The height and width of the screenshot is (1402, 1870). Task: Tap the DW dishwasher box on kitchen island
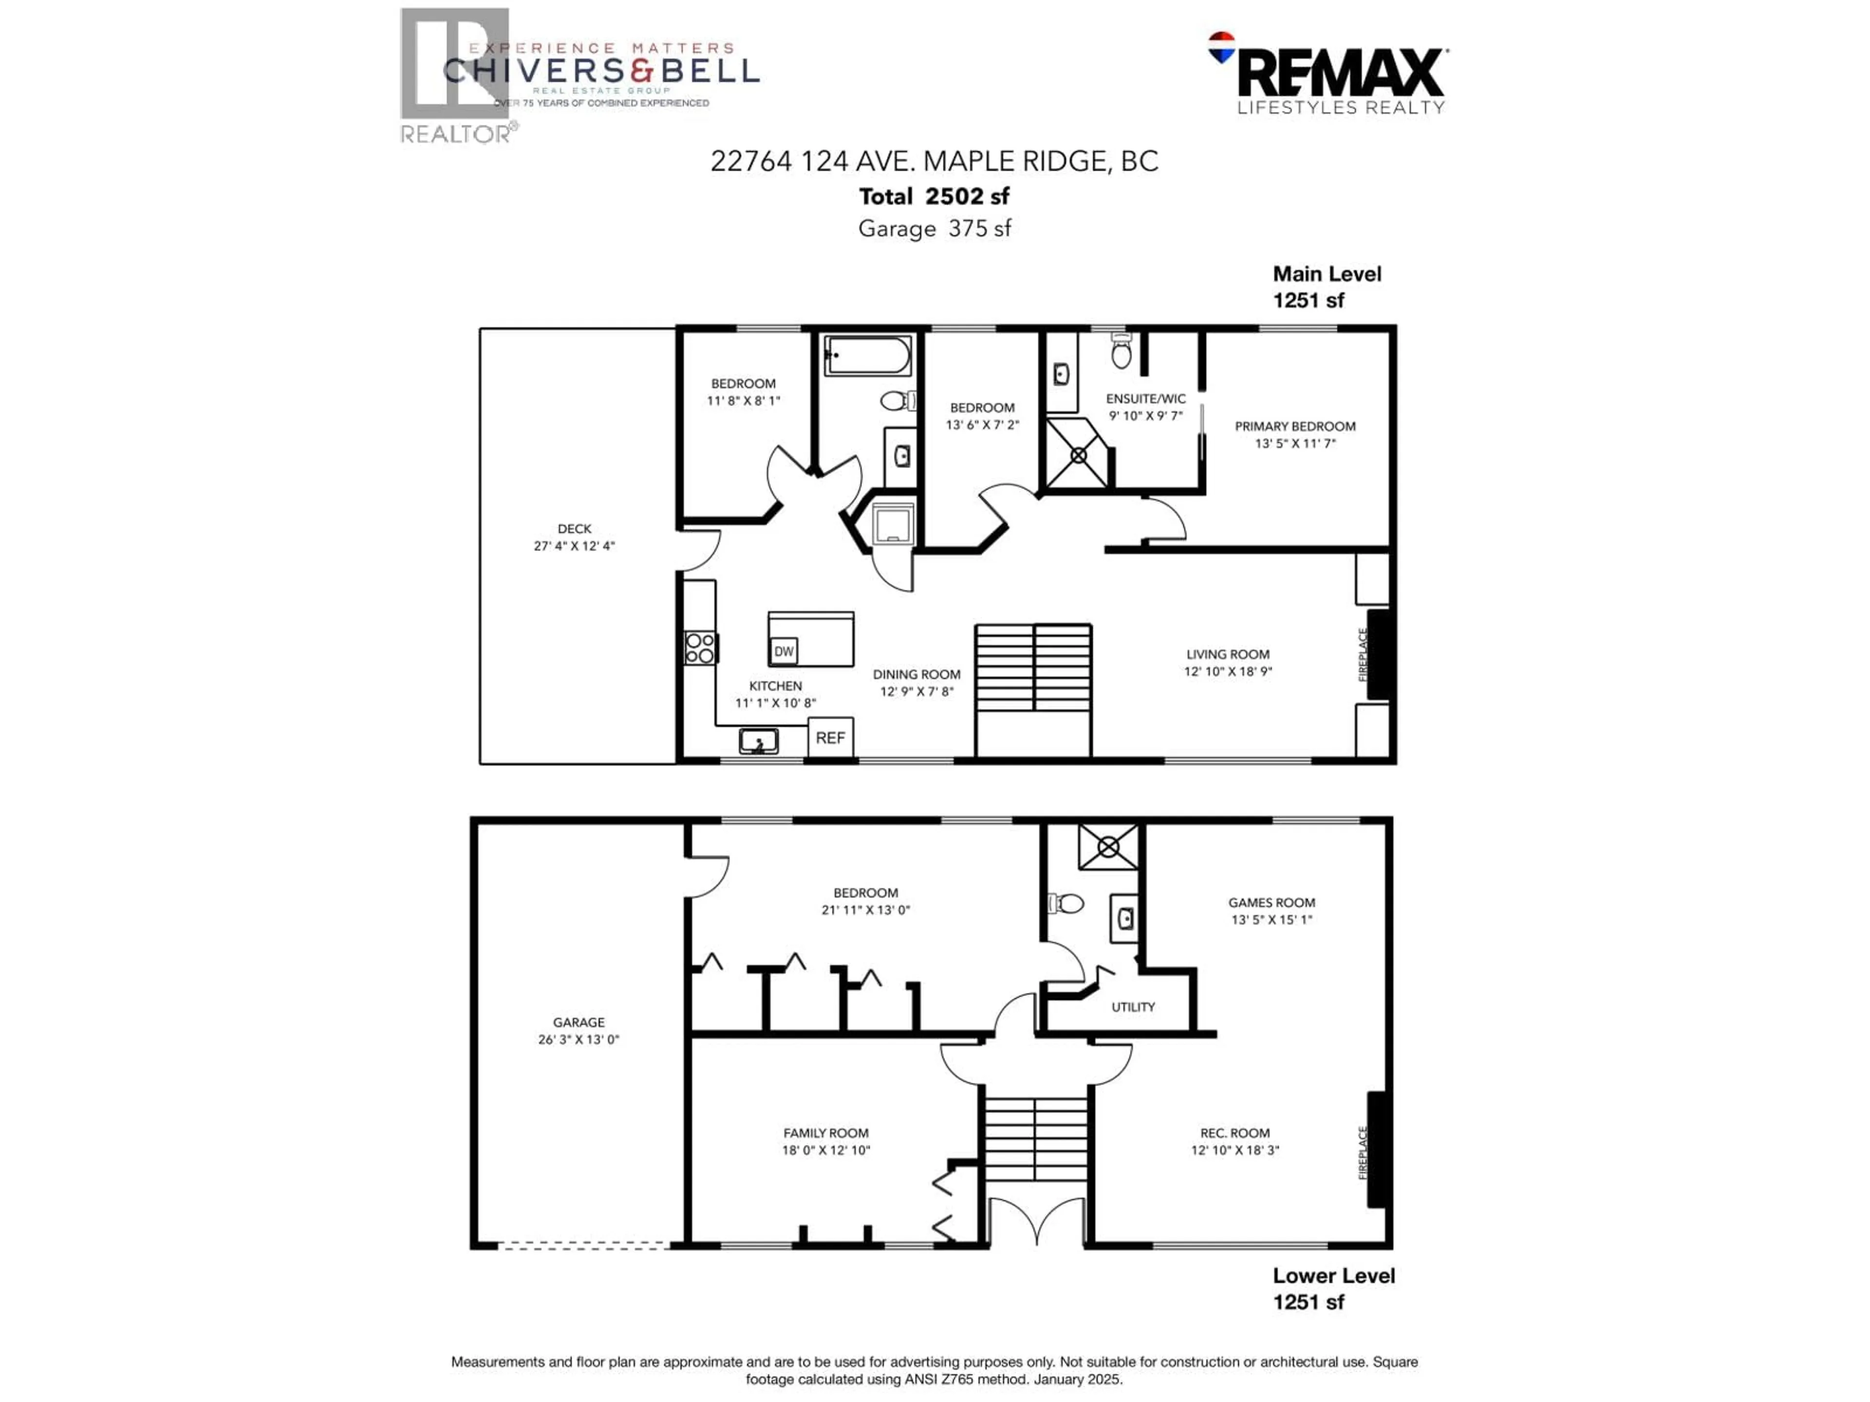(x=784, y=651)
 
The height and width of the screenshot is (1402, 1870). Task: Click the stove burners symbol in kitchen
(x=700, y=648)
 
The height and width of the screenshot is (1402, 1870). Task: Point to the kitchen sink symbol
(x=758, y=741)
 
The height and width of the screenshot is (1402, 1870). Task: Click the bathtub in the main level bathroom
(x=868, y=355)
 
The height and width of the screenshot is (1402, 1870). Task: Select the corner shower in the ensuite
(x=1077, y=455)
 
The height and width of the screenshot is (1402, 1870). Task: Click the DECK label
(x=574, y=528)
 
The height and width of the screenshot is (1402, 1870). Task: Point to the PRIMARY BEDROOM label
(x=1294, y=426)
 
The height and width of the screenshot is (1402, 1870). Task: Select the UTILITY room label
(x=1133, y=1007)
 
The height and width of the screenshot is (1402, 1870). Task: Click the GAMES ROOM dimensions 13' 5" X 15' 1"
(x=1272, y=920)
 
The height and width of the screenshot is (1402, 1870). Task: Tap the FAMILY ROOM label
(x=825, y=1132)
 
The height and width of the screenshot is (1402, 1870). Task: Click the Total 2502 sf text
(x=934, y=196)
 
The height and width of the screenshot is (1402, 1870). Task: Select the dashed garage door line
(x=583, y=1245)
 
